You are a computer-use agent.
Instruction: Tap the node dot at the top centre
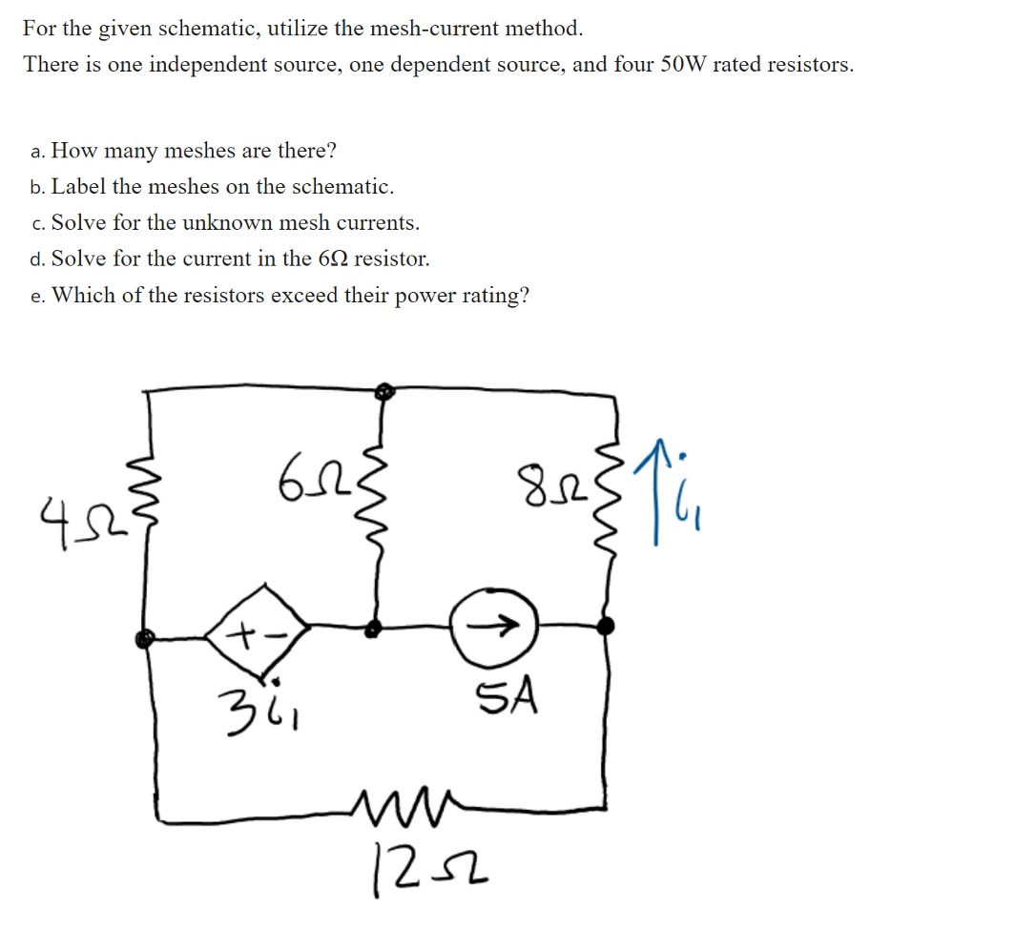pos(383,391)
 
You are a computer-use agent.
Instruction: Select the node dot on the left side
pos(143,639)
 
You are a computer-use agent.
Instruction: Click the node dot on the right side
pos(604,625)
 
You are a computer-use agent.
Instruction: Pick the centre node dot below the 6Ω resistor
pos(375,628)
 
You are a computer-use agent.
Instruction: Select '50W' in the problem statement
pos(684,65)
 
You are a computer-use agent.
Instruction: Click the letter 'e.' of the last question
pos(37,296)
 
